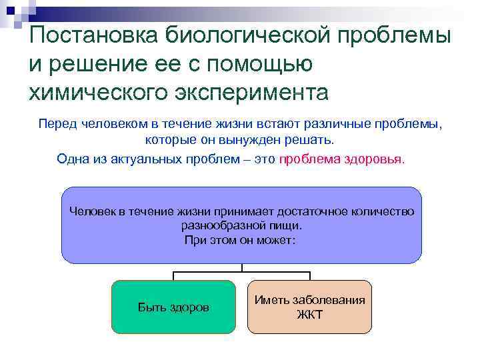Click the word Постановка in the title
tap(89, 35)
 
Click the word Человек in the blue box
tap(93, 211)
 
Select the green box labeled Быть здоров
tap(173, 307)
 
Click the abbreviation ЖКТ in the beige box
tap(309, 315)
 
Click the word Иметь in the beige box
tap(269, 300)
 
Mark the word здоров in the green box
tap(191, 307)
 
